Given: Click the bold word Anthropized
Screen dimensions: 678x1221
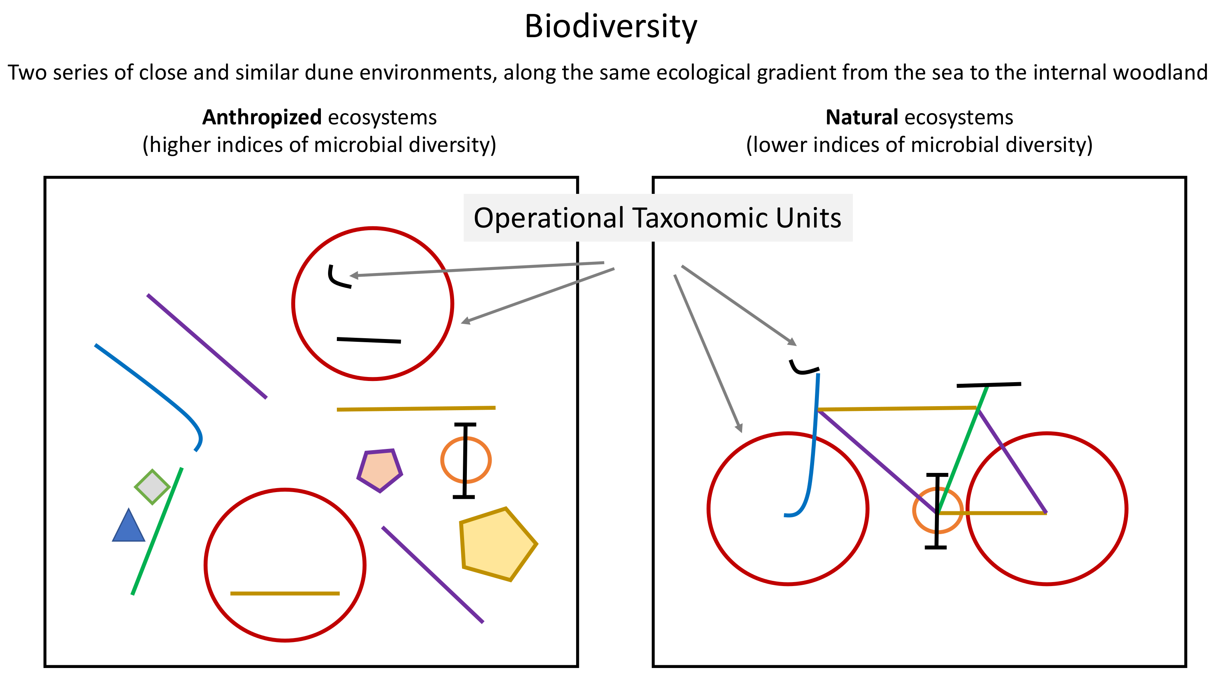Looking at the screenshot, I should (x=262, y=117).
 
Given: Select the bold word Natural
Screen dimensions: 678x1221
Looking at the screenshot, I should (x=861, y=117).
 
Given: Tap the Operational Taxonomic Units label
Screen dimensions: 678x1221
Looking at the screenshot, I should (x=657, y=218).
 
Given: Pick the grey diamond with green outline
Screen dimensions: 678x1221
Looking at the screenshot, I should (x=152, y=487).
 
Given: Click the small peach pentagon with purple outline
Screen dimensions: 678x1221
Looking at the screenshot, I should (x=380, y=470).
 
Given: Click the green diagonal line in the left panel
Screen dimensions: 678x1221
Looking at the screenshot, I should (x=157, y=530).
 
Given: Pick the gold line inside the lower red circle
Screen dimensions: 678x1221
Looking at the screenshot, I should (x=285, y=593).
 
